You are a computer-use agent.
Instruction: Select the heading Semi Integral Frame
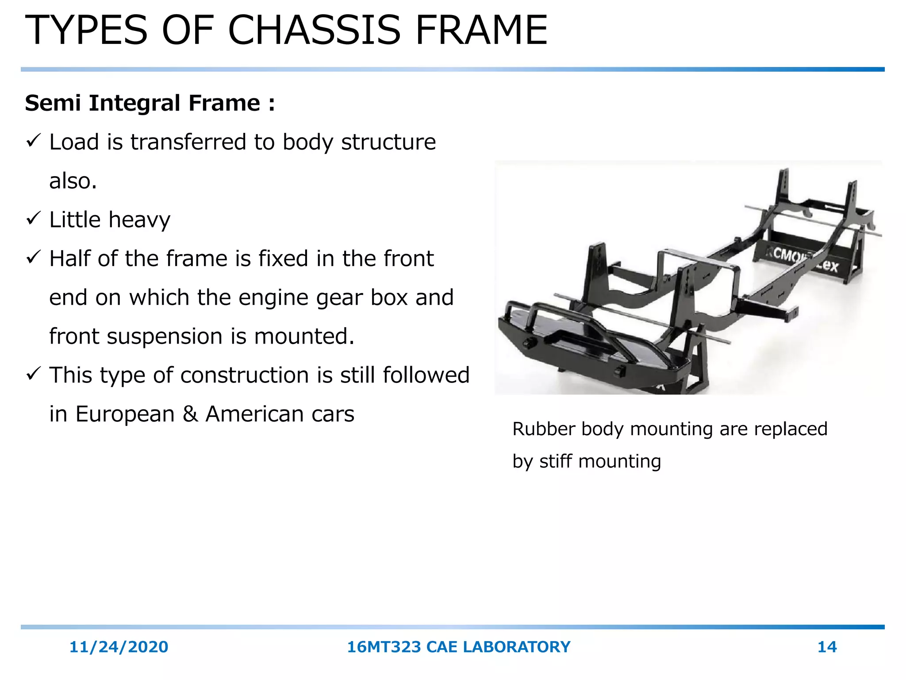click(x=150, y=103)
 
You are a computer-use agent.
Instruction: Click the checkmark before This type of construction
click(x=34, y=374)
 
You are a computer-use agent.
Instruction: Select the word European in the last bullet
click(x=125, y=414)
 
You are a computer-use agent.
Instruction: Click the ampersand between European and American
click(x=190, y=414)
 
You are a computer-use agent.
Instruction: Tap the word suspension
click(x=165, y=336)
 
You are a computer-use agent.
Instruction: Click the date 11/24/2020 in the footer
click(x=119, y=647)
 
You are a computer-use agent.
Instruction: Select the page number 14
click(x=827, y=647)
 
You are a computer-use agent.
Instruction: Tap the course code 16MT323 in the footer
click(x=384, y=647)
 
